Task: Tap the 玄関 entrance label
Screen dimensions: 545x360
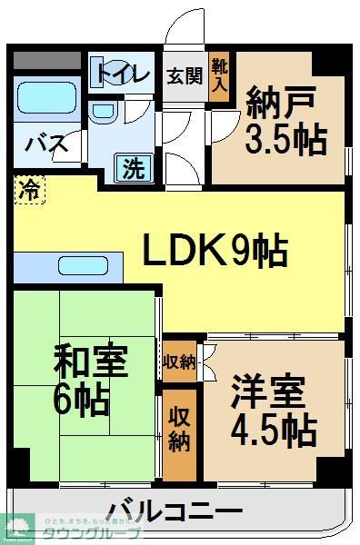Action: (184, 75)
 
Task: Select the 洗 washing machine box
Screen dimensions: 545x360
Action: (133, 167)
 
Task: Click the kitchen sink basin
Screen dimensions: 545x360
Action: (85, 265)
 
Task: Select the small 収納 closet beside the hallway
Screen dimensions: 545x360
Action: (180, 362)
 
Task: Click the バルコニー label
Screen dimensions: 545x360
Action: (175, 510)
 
